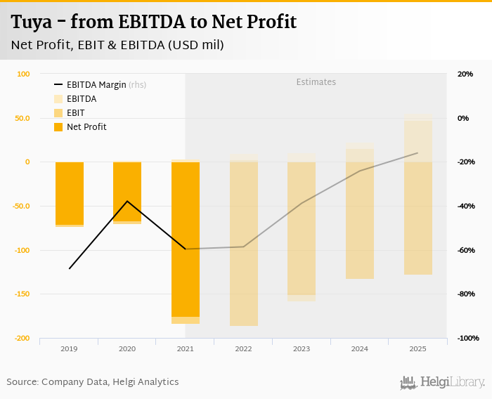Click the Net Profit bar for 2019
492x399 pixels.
tap(70, 193)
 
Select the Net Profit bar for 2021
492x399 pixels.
tap(185, 239)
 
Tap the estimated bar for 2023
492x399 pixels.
tap(301, 228)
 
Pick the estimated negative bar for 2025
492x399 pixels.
tap(417, 218)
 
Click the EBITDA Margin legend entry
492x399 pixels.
tap(96, 85)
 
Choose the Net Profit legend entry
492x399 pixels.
tap(86, 127)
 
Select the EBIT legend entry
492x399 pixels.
tap(75, 113)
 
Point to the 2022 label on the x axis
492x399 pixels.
tap(243, 348)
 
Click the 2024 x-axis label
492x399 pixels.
tap(359, 348)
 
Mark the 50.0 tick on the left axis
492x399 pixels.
tap(22, 118)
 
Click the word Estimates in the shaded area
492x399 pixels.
tap(316, 82)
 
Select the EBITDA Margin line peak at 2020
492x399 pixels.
tap(127, 201)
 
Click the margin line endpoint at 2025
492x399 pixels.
tap(417, 153)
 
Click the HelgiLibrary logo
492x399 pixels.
tap(443, 382)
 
